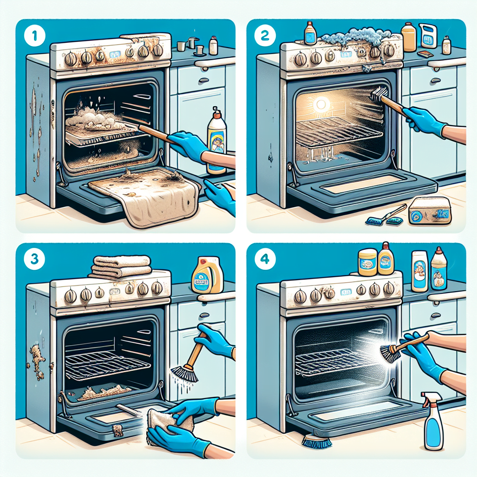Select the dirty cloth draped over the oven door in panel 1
pyautogui.click(x=144, y=196)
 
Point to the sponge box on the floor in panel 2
pyautogui.click(x=429, y=211)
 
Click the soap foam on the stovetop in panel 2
pyautogui.click(x=356, y=37)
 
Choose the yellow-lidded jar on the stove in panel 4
pyautogui.click(x=367, y=262)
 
